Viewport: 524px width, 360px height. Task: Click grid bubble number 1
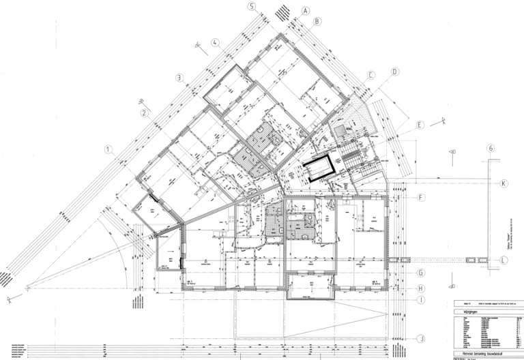click(108, 149)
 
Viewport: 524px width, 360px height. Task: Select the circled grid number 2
click(145, 113)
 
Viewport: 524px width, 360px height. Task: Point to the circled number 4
click(216, 42)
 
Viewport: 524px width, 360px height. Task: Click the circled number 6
click(490, 149)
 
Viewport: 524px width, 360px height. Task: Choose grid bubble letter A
click(306, 11)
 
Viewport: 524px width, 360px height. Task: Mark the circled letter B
click(317, 21)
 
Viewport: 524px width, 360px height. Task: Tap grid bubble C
click(372, 75)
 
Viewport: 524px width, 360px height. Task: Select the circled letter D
click(395, 72)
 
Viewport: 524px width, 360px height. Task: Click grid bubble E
click(420, 125)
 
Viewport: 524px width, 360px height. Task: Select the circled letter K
click(504, 184)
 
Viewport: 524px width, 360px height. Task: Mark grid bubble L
click(504, 260)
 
